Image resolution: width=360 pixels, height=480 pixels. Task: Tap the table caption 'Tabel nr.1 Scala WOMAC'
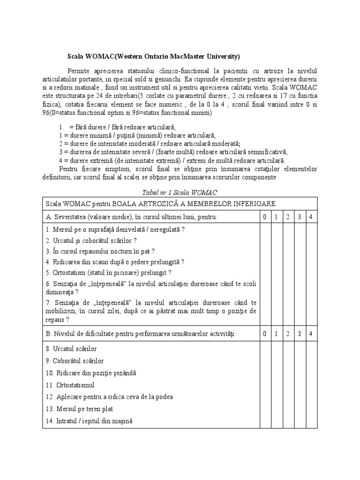tap(180, 192)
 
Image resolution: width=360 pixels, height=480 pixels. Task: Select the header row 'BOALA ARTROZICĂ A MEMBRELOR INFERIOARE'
tap(160, 203)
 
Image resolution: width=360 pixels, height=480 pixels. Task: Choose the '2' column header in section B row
tap(287, 334)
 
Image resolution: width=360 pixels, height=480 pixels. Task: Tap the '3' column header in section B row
tap(299, 334)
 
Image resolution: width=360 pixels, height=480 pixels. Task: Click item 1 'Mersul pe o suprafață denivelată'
tap(115, 230)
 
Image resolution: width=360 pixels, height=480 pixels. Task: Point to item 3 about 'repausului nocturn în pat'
tap(100, 251)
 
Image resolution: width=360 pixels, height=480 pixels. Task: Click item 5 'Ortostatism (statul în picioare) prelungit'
tap(108, 273)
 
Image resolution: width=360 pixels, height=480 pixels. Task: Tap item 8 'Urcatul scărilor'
tap(71, 349)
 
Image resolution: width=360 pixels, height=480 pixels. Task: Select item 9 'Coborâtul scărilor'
tap(75, 361)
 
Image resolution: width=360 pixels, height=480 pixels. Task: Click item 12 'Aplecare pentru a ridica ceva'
tap(109, 397)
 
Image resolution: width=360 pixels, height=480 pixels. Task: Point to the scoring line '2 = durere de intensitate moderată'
tap(150, 143)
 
